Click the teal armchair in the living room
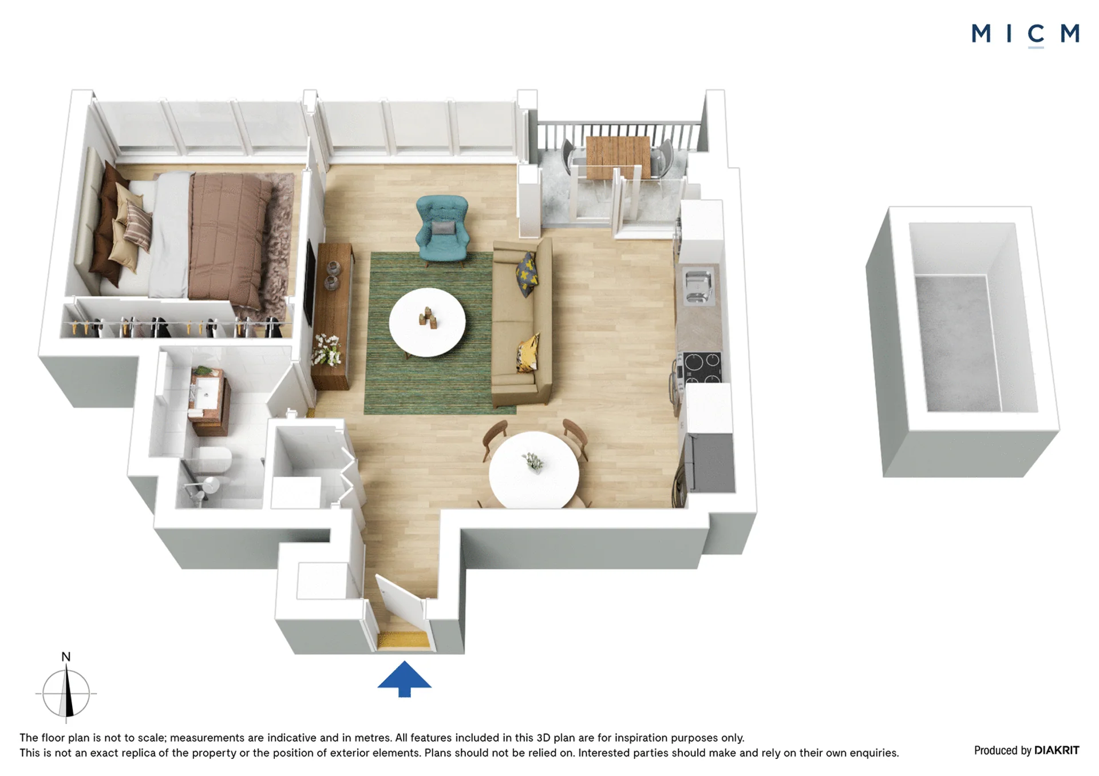click(442, 230)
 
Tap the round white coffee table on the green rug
click(427, 323)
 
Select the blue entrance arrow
click(404, 679)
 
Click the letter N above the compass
click(66, 656)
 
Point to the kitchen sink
click(699, 286)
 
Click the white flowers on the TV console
click(327, 349)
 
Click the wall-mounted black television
click(310, 283)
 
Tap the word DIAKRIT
click(1057, 750)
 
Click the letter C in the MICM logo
click(1036, 34)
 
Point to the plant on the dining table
click(533, 461)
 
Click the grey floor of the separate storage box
click(957, 343)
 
